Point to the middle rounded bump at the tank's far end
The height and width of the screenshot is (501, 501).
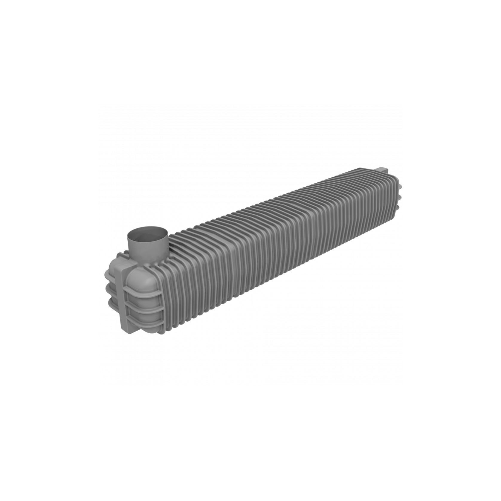coord(400,198)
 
